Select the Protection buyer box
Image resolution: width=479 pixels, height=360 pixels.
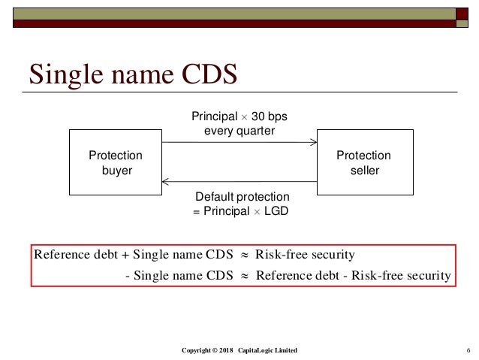click(115, 163)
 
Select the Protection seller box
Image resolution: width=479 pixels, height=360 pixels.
click(363, 163)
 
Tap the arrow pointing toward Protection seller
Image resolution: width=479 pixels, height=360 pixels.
click(239, 143)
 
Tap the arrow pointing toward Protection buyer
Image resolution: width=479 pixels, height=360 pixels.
click(239, 181)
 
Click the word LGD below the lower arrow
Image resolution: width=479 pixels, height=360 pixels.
click(276, 211)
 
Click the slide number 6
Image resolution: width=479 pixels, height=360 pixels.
click(468, 351)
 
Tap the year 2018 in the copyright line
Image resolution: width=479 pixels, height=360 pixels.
click(227, 351)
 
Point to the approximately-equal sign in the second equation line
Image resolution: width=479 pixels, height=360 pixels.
click(243, 275)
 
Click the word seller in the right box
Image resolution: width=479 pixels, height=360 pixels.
click(364, 170)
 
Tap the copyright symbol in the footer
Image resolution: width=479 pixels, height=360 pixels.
click(213, 351)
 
